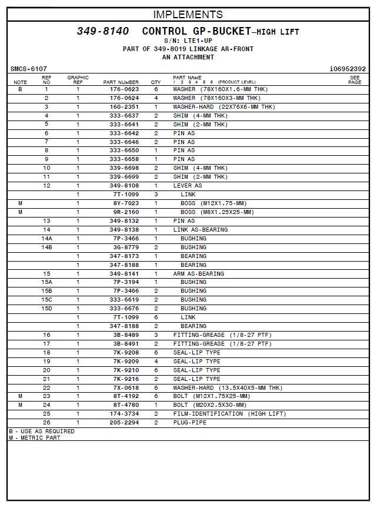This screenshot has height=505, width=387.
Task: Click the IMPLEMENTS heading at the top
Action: click(x=188, y=15)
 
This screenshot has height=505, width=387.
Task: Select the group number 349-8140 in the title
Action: click(x=103, y=31)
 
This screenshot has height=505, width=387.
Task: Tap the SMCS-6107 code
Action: click(x=29, y=69)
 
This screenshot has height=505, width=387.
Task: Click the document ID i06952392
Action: click(x=348, y=69)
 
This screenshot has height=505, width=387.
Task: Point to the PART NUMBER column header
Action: click(x=121, y=82)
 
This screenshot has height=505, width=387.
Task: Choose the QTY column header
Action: click(x=156, y=82)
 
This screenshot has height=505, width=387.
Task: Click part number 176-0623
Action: click(x=124, y=89)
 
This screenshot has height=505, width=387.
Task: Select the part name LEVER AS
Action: click(x=187, y=186)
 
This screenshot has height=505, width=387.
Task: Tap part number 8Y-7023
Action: click(x=126, y=203)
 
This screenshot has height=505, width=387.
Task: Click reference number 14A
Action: click(x=46, y=239)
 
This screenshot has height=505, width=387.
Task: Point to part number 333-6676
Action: click(x=124, y=309)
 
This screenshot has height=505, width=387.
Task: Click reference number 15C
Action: click(x=46, y=300)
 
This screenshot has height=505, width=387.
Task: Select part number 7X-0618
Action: click(x=126, y=388)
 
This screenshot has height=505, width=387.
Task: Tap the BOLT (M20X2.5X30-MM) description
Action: click(x=210, y=405)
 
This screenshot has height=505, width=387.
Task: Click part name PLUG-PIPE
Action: click(x=189, y=423)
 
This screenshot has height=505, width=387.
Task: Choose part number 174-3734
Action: click(x=124, y=414)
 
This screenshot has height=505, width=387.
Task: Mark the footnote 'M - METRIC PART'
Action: click(x=34, y=438)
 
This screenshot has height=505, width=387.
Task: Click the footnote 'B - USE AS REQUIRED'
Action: click(x=42, y=432)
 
